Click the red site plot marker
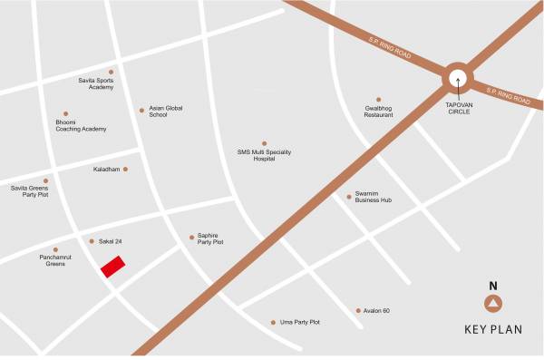point(112,267)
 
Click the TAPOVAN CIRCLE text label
point(458,107)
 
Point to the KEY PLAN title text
point(493,330)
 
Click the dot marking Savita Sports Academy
point(112,72)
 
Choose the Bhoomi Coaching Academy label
point(81,126)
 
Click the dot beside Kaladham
point(125,169)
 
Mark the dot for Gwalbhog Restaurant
point(379,100)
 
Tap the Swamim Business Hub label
point(373,199)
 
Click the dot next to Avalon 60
point(358,311)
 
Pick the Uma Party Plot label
point(301,322)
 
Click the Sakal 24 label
point(110,241)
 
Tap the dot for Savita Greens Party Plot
point(45,180)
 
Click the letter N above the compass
point(493,286)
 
